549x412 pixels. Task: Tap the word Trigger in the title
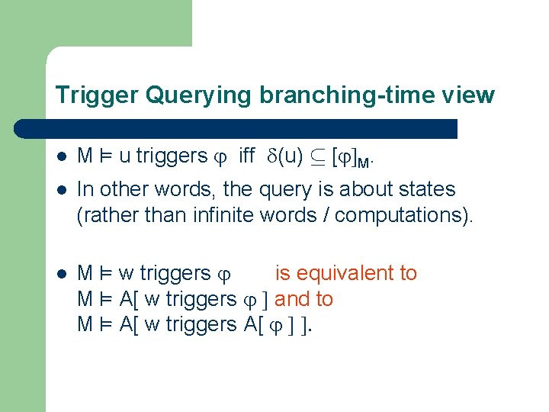click(x=96, y=95)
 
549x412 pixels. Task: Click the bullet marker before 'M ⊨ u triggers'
click(x=62, y=157)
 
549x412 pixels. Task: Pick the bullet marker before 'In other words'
click(x=62, y=190)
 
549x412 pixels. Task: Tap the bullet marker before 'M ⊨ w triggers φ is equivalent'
click(x=62, y=274)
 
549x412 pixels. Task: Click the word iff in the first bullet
click(x=246, y=156)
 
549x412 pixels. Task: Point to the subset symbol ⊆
click(x=316, y=157)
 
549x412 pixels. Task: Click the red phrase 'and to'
click(x=304, y=299)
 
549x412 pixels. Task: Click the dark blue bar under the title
click(x=252, y=128)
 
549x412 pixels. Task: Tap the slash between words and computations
click(x=326, y=215)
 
